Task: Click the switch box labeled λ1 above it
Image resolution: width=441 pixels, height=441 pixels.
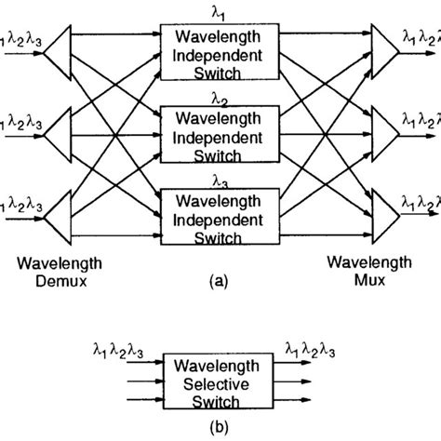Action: tap(220, 48)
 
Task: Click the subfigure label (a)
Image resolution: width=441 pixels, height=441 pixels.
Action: tap(220, 276)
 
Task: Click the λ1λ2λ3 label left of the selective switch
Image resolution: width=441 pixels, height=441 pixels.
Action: tap(118, 350)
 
